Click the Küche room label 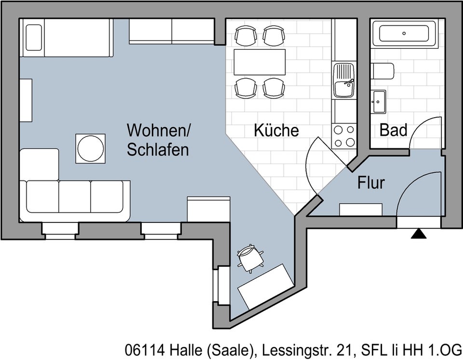click(x=276, y=130)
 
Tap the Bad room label click(x=393, y=130)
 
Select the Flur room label click(x=371, y=183)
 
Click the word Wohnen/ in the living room click(x=159, y=130)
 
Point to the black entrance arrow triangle click(x=418, y=234)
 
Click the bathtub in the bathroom click(x=404, y=33)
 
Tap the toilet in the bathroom click(x=382, y=71)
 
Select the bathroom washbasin click(x=379, y=101)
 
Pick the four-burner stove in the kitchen click(x=344, y=136)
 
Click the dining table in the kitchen click(x=259, y=62)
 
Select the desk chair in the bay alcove click(x=250, y=258)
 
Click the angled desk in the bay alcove click(x=266, y=287)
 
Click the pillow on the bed click(x=33, y=37)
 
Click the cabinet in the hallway click(x=361, y=209)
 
